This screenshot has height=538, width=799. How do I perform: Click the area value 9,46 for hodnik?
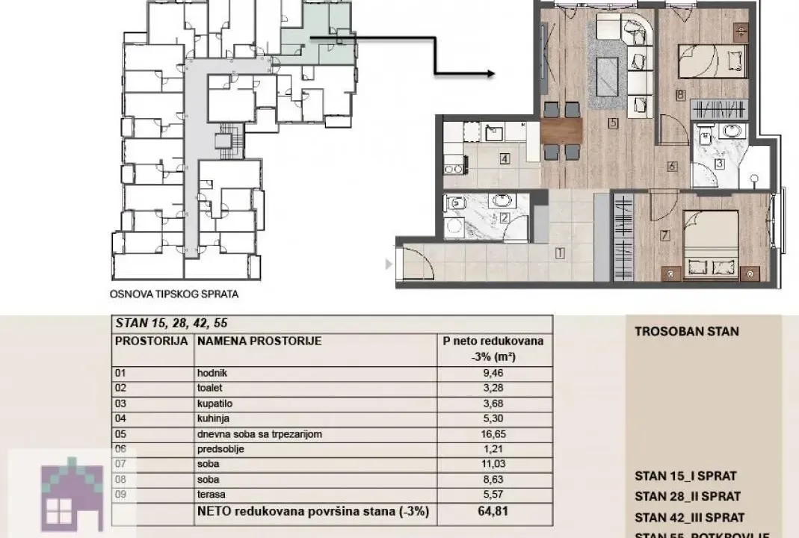point(493,373)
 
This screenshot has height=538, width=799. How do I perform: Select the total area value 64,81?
point(493,513)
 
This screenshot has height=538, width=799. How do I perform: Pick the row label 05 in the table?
point(121,433)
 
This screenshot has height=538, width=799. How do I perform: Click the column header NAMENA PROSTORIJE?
point(259,341)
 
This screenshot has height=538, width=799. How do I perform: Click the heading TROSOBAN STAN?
point(686,331)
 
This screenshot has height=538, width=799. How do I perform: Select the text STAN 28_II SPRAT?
point(687,496)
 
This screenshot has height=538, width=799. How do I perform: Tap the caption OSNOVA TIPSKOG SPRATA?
point(173,294)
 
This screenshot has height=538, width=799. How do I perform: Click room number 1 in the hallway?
point(559,253)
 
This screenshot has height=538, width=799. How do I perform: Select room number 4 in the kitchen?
point(505,158)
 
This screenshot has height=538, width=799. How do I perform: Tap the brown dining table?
point(561,132)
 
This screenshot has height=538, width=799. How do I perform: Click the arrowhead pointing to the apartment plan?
point(490,73)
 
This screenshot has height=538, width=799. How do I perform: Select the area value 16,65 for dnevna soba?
point(493,433)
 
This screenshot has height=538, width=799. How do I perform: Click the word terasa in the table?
point(211,494)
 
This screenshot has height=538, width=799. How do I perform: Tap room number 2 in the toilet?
point(505,218)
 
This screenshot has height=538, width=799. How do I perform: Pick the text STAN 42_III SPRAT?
point(689,517)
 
